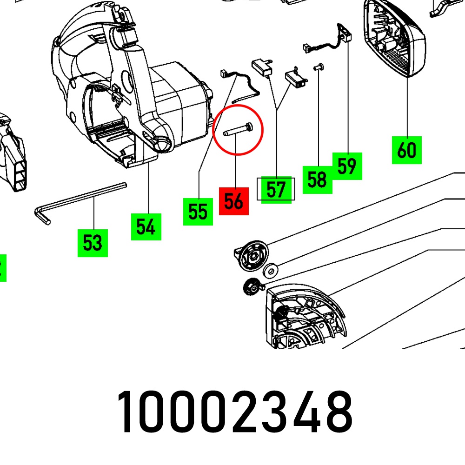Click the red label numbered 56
pos(234,201)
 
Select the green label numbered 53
pos(93,243)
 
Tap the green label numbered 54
pos(146,226)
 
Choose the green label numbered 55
pos(198,212)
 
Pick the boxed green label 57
pos(276,190)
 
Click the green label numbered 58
pos(317,179)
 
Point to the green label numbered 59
pos(347,166)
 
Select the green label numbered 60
pos(407,150)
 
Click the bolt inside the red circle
pos(238,131)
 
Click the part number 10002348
pos(235,412)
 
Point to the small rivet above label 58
pos(319,67)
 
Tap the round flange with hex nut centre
pos(252,255)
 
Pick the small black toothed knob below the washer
pos(252,287)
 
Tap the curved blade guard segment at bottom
pos(306,317)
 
